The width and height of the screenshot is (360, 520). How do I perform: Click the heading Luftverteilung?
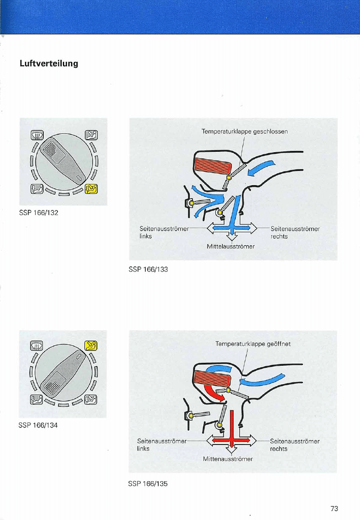[x=49, y=63]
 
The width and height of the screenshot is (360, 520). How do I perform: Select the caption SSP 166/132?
[x=39, y=213]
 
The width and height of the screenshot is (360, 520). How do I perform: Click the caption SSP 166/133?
[x=148, y=269]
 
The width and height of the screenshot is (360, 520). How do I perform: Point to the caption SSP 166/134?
[x=38, y=425]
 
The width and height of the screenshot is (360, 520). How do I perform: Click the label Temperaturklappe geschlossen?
[x=245, y=132]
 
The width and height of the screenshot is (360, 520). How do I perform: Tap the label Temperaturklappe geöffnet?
[x=253, y=344]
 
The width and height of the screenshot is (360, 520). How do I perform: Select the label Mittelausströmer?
[x=231, y=246]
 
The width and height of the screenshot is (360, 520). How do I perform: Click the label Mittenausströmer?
[x=228, y=459]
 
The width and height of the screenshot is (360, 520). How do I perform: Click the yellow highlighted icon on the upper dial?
[x=91, y=189]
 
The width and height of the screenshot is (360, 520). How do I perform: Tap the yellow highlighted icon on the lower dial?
[x=91, y=346]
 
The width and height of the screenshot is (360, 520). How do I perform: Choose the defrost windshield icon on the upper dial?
[x=37, y=135]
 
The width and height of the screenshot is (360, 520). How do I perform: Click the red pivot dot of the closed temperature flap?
[x=229, y=178]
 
